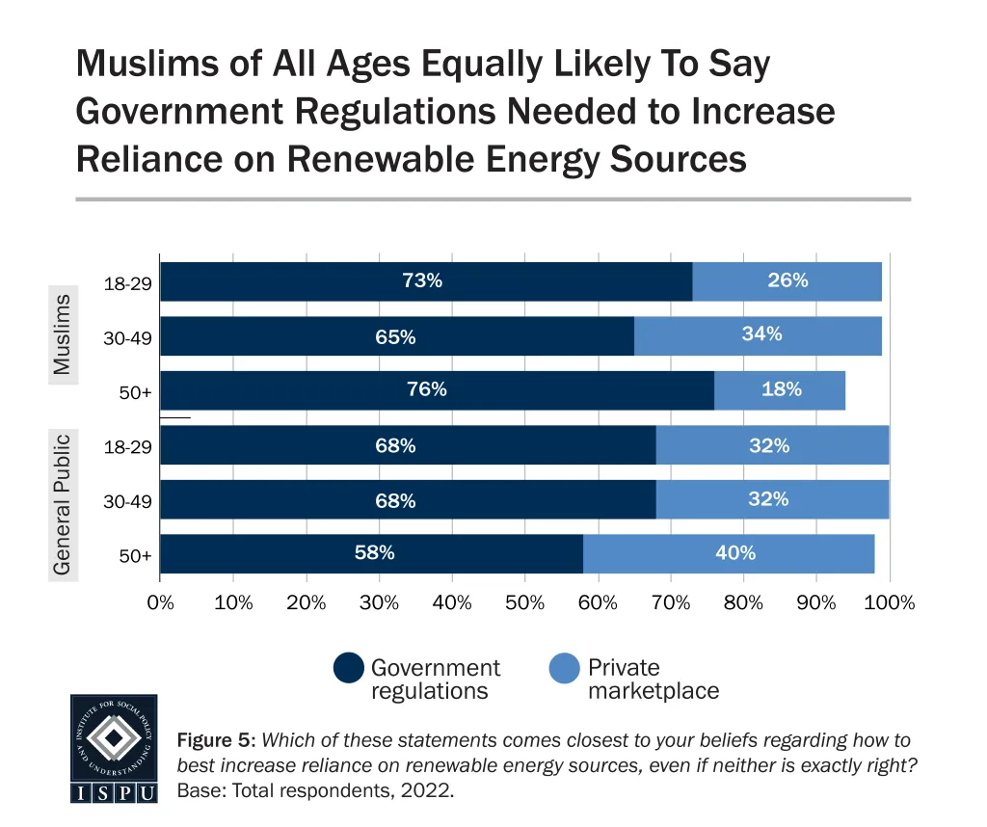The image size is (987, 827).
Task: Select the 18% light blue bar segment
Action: point(780,390)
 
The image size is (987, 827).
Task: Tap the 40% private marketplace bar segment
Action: point(729,554)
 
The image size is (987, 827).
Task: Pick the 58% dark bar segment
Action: point(371,554)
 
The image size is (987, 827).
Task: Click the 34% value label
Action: point(761,334)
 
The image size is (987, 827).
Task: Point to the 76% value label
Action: point(426,389)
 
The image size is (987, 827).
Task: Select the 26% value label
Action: point(787,280)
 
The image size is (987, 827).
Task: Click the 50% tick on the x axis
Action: point(524,603)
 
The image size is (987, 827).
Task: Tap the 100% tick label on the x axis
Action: point(889,603)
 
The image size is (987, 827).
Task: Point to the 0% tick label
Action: point(160,603)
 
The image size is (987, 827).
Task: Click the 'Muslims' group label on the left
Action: point(63,334)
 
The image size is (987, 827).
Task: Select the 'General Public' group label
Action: point(63,504)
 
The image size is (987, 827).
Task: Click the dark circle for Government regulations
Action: point(349,669)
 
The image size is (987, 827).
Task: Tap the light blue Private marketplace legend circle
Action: point(565,669)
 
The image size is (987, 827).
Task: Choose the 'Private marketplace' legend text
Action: point(653,680)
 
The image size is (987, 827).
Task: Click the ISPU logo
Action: point(114,748)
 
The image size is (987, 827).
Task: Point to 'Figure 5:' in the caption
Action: point(216,741)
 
